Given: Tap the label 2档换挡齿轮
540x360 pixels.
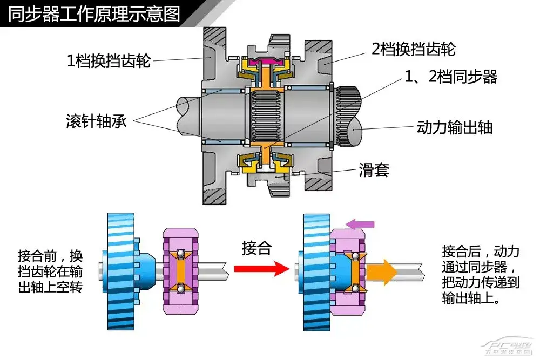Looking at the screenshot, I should [x=414, y=50].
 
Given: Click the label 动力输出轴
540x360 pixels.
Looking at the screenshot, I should [x=455, y=127].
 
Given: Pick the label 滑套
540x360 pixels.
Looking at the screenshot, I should [x=374, y=171].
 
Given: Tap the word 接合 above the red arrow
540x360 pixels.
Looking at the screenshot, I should [x=256, y=249].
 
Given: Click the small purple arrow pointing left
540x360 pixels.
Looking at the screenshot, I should [x=360, y=224].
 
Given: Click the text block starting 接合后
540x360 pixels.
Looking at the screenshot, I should [x=481, y=275].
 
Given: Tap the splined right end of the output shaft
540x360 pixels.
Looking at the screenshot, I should [x=345, y=116].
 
